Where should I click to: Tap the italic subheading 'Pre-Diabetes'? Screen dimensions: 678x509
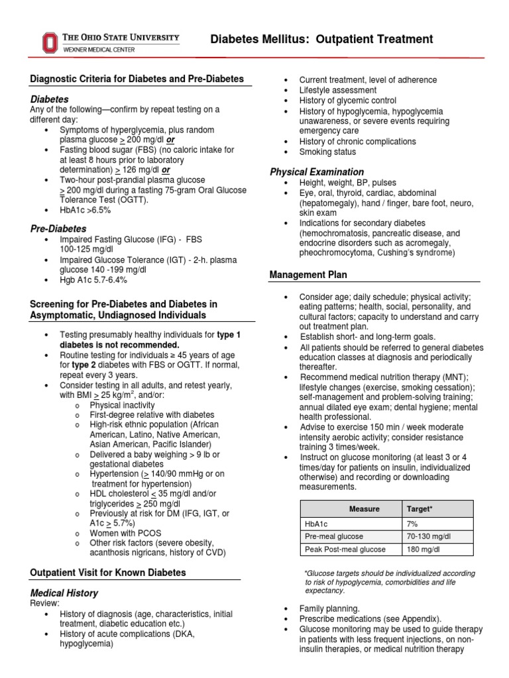click(58, 228)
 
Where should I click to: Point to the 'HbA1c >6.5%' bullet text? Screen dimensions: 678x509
click(85, 210)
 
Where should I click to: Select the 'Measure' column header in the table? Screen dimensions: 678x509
click(365, 508)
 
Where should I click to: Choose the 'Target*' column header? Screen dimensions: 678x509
click(418, 508)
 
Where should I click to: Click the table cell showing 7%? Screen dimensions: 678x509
click(413, 523)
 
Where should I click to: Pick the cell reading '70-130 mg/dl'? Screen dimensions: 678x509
click(429, 536)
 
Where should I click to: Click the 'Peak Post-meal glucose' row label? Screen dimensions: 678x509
click(345, 550)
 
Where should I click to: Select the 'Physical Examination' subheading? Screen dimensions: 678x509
click(317, 172)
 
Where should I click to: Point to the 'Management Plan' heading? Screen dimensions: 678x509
click(308, 274)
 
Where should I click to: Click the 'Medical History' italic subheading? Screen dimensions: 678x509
click(64, 593)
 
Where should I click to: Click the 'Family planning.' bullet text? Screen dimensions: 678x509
click(330, 608)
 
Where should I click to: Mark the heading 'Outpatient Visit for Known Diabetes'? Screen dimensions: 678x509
click(108, 572)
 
